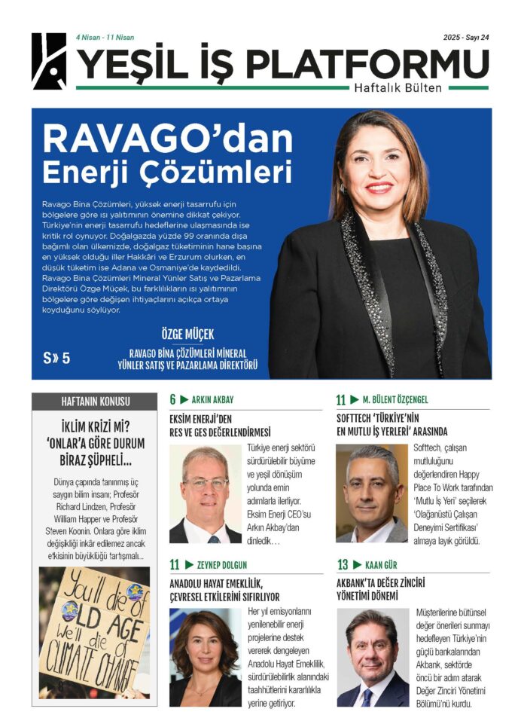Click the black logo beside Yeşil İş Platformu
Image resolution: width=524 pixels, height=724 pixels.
[49, 61]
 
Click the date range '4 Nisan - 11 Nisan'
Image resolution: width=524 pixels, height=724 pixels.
[106, 37]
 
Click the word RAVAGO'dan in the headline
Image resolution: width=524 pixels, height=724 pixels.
[167, 140]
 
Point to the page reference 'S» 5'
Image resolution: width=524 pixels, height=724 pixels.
[56, 358]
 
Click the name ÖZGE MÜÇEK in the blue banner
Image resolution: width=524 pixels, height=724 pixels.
[188, 334]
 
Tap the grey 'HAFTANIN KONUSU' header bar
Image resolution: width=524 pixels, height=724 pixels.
[95, 401]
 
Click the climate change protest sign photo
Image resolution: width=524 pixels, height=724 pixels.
[95, 631]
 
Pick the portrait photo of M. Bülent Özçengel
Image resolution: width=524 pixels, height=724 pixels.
[372, 493]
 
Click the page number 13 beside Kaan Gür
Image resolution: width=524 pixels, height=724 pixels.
[343, 564]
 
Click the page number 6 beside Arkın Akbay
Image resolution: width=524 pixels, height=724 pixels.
[172, 399]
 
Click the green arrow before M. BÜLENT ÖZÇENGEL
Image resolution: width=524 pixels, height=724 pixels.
[355, 399]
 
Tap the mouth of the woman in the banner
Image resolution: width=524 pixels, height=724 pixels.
[379, 187]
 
